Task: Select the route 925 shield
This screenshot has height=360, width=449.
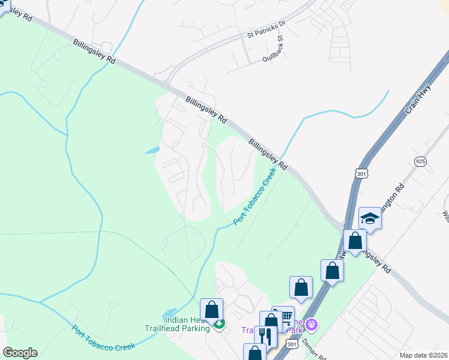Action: pyautogui.click(x=421, y=161)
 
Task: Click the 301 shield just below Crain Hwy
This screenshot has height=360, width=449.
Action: pyautogui.click(x=361, y=171)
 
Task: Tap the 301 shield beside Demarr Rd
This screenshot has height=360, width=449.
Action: pyautogui.click(x=292, y=344)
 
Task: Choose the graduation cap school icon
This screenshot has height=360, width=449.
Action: pyautogui.click(x=370, y=218)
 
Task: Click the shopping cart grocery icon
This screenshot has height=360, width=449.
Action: pyautogui.click(x=285, y=317)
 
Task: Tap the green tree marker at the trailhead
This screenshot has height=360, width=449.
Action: pyautogui.click(x=220, y=325)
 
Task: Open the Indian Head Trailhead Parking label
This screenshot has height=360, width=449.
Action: pyautogui.click(x=177, y=324)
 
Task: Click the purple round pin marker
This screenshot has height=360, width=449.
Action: pyautogui.click(x=311, y=325)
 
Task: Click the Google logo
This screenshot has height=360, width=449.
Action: pyautogui.click(x=20, y=353)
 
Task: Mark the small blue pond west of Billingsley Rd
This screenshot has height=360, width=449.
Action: pyautogui.click(x=152, y=150)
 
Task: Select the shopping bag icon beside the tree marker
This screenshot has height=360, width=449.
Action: pyautogui.click(x=211, y=310)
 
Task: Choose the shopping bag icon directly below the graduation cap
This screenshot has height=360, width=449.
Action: pyautogui.click(x=355, y=242)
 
